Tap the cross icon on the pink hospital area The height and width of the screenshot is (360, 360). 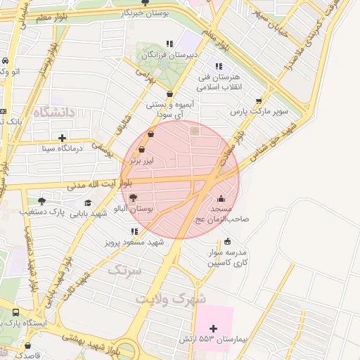214,328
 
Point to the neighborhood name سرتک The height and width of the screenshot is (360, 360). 124,270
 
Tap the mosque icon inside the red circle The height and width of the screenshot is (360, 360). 221,198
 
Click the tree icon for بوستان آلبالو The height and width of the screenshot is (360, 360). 134,198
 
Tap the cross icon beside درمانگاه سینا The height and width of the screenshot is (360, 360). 63,138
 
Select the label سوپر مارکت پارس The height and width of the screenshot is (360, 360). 260,112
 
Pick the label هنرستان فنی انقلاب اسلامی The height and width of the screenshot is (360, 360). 221,82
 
